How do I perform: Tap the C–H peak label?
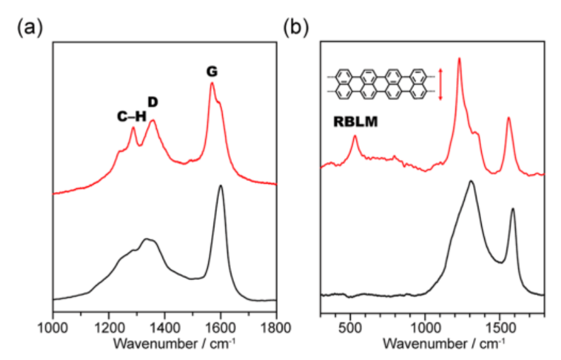pyautogui.click(x=131, y=117)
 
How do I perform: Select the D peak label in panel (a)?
pyautogui.click(x=153, y=102)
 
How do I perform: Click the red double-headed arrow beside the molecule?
pyautogui.click(x=440, y=84)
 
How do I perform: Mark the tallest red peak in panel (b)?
pyautogui.click(x=459, y=59)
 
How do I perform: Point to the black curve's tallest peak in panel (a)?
pyautogui.click(x=220, y=186)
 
